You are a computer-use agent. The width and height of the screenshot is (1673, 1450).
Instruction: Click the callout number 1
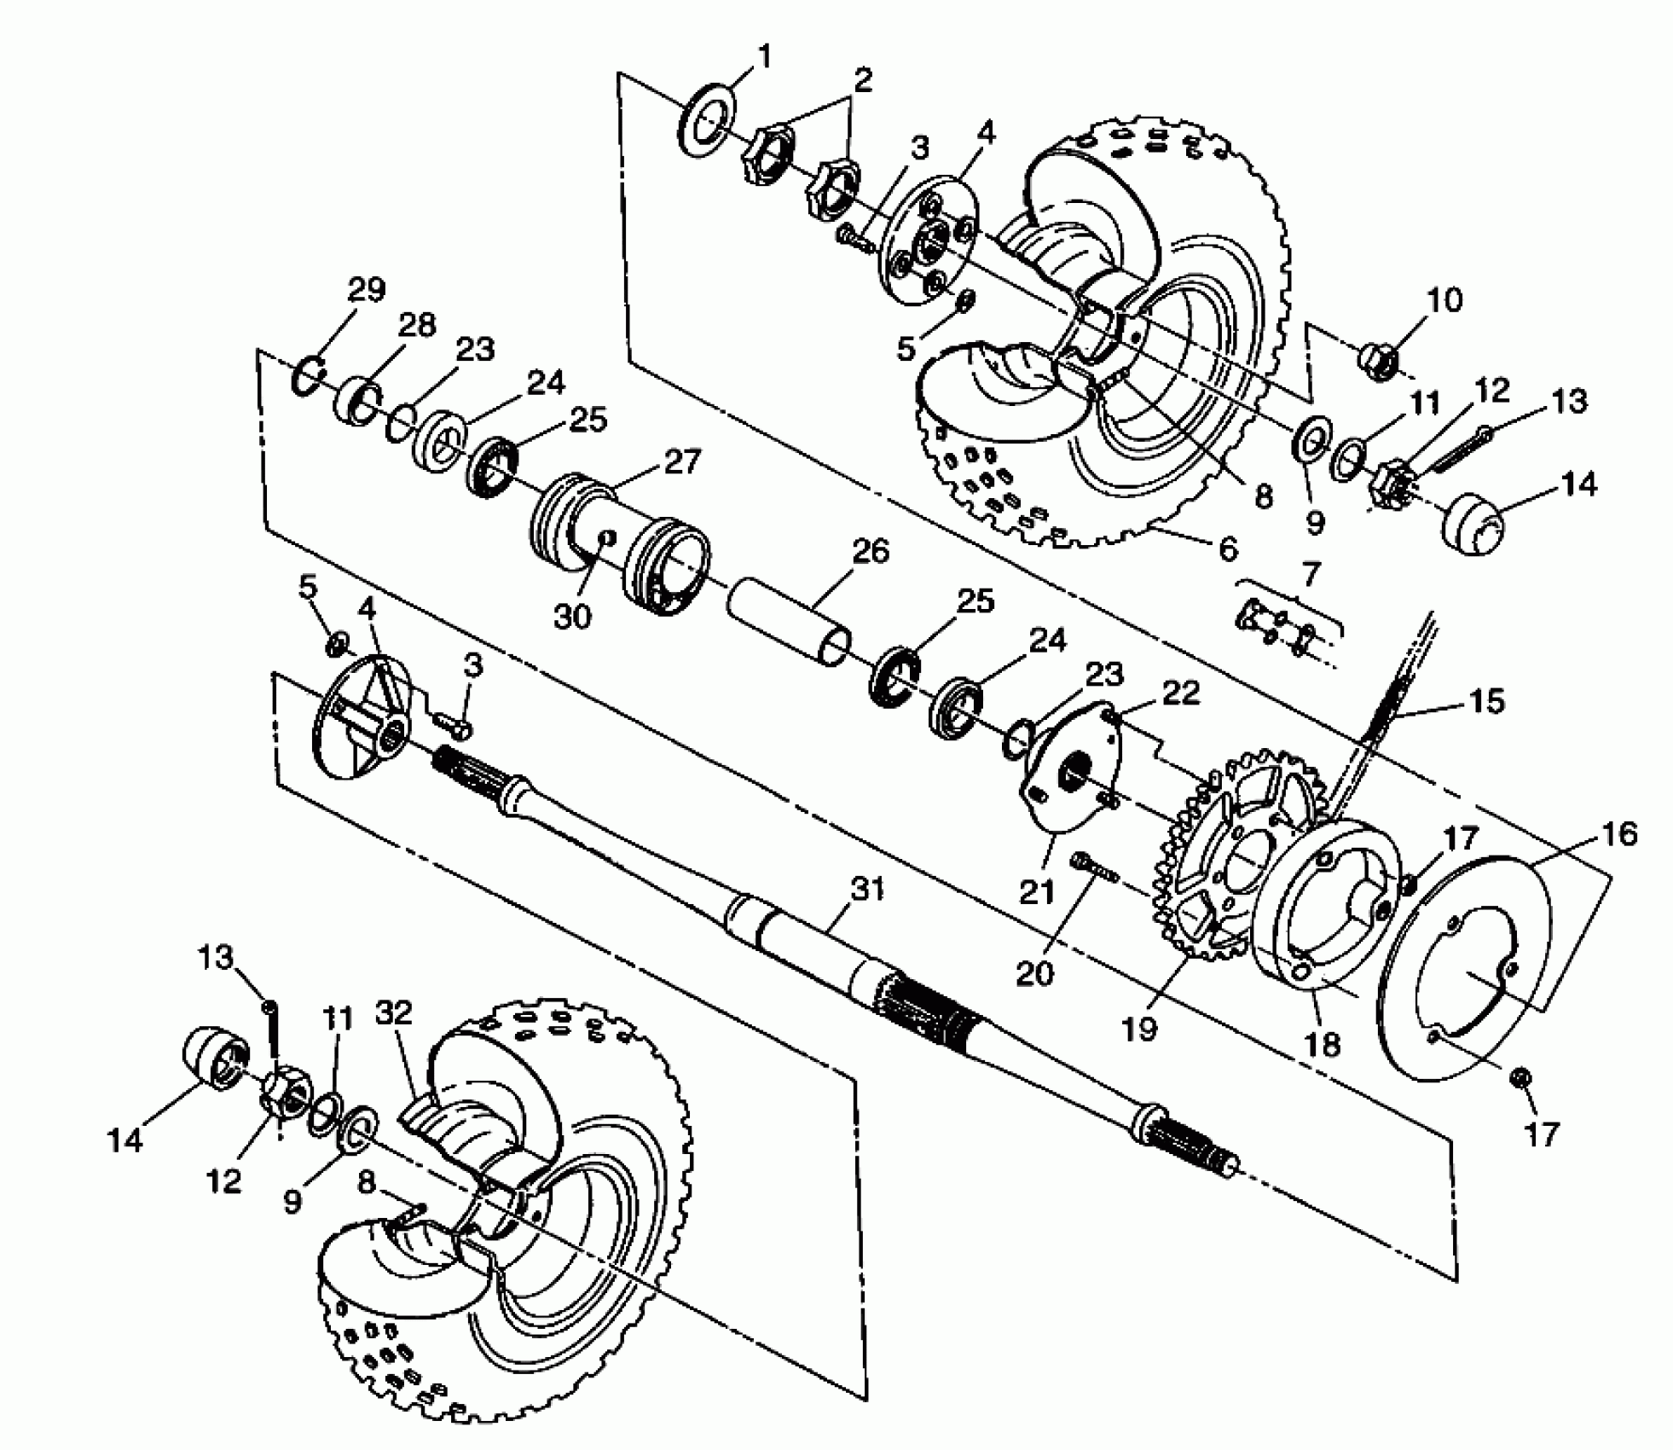(764, 58)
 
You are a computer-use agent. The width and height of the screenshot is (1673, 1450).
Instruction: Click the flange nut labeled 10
(1376, 361)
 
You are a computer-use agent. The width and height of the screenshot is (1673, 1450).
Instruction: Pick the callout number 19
(1139, 1029)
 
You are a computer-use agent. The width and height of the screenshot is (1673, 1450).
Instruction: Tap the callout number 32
(393, 1012)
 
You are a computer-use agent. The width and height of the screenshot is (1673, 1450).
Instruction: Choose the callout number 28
(415, 326)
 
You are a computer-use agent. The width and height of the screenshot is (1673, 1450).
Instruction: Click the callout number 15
(1485, 701)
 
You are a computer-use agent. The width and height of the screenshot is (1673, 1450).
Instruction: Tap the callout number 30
(572, 616)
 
